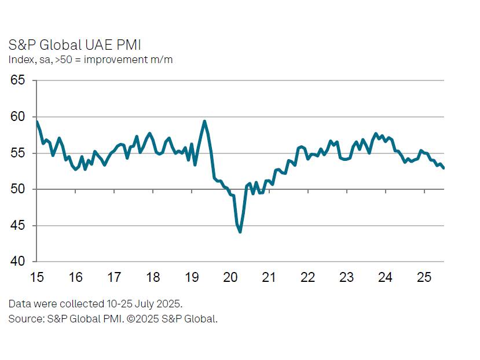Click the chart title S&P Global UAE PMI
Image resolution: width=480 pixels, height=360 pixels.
tap(75, 45)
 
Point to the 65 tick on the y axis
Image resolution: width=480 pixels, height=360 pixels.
tap(19, 80)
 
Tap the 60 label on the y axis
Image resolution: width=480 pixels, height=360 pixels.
tap(19, 117)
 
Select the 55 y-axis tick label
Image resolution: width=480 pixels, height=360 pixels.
tap(19, 153)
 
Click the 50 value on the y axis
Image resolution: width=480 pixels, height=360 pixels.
tap(19, 189)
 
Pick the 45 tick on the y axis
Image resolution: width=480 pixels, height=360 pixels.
tap(19, 226)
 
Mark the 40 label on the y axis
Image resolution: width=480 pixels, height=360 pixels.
tap(19, 262)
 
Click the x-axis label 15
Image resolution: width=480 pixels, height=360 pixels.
tap(36, 277)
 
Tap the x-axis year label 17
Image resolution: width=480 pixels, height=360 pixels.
tap(114, 277)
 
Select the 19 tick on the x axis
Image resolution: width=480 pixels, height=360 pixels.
tap(192, 277)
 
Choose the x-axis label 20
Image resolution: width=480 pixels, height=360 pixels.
tap(230, 277)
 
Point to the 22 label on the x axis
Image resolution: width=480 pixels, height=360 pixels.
tap(308, 277)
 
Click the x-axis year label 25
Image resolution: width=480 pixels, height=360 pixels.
tap(424, 277)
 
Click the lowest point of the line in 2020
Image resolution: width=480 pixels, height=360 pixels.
tap(240, 232)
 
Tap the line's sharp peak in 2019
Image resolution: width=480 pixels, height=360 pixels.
tap(204, 121)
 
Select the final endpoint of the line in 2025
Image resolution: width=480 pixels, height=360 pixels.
tap(444, 168)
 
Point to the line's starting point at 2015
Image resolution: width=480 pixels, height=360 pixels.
tap(36, 122)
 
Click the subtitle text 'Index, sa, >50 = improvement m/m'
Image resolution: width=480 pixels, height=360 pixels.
tap(90, 60)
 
